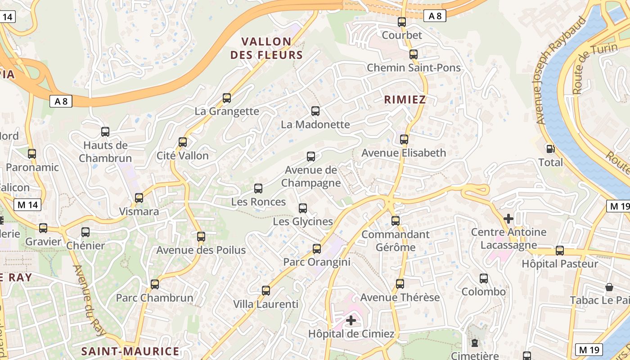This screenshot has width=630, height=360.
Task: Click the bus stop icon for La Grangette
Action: (227, 98)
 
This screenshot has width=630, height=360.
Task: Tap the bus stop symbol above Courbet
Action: (402, 22)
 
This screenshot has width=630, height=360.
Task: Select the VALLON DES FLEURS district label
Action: (266, 48)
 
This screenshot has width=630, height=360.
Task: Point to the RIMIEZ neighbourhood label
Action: (405, 100)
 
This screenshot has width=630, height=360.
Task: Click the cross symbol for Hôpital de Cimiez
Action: (351, 321)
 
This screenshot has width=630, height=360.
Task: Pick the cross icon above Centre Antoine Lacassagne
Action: (508, 219)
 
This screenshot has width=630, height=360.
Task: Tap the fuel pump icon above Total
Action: (550, 149)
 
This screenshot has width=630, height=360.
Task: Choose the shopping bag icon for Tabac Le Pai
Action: (609, 287)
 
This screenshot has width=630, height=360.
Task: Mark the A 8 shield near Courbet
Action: (435, 16)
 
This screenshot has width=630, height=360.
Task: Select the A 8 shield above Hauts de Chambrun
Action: (61, 102)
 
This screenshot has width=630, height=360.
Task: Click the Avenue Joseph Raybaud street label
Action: (561, 71)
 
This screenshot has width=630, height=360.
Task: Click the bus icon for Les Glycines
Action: (303, 208)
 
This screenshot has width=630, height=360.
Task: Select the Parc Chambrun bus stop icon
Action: (155, 284)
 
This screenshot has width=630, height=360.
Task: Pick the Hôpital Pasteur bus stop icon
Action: (560, 251)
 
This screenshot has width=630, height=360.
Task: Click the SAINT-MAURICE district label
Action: (130, 351)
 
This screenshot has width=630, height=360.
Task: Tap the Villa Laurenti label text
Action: (265, 305)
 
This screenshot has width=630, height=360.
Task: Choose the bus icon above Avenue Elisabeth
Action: (404, 139)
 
